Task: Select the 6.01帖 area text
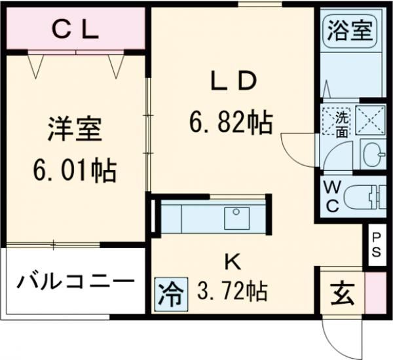pyautogui.click(x=75, y=171)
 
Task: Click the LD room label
pyautogui.click(x=231, y=82)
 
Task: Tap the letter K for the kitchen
pyautogui.click(x=232, y=262)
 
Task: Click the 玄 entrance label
pyautogui.click(x=341, y=293)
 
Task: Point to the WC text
pyautogui.click(x=331, y=196)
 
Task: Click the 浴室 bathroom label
pyautogui.click(x=351, y=31)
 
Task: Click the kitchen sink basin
pyautogui.click(x=236, y=217)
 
